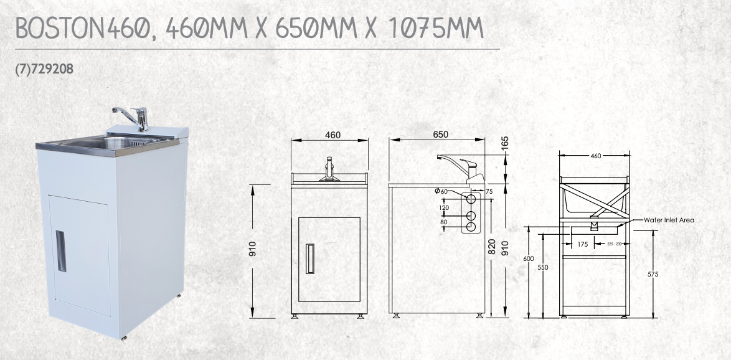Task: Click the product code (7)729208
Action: coord(44,70)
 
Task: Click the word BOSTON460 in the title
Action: coord(83,29)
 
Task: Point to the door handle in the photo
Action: coord(61,251)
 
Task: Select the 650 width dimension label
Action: coord(440,135)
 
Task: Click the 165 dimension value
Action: coord(506,143)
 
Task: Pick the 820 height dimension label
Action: coord(491,246)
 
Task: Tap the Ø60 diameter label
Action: coord(441,191)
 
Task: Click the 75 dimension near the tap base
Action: coord(489,191)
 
